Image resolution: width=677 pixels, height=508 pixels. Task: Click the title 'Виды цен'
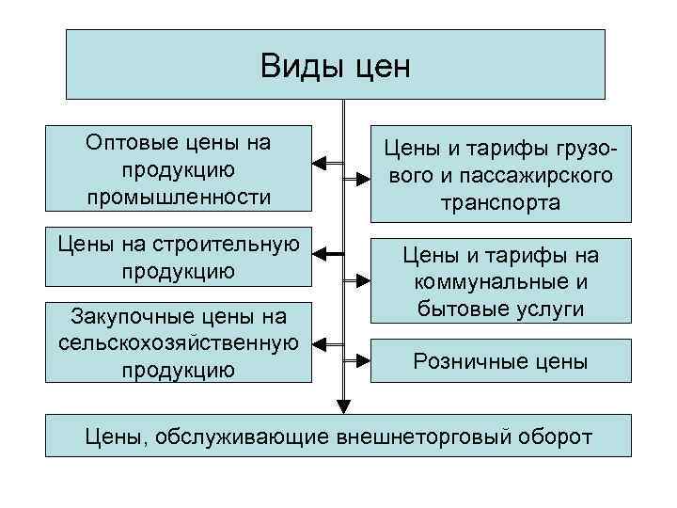tap(336, 66)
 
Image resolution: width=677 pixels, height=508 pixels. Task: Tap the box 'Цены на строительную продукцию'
tap(178, 258)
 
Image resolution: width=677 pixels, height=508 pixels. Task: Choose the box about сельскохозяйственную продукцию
tap(178, 342)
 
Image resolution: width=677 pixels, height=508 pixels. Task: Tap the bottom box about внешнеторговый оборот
tap(338, 437)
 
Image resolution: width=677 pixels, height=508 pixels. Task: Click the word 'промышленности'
tap(178, 198)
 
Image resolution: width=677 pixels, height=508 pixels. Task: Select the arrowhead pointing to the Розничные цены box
tap(364, 360)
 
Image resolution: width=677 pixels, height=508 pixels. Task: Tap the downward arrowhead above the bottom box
tap(343, 406)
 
